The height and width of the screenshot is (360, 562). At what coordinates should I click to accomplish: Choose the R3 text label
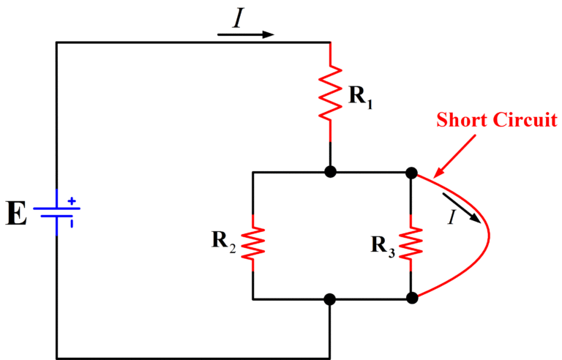tap(383, 245)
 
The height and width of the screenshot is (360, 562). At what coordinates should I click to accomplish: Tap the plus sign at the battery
tap(72, 200)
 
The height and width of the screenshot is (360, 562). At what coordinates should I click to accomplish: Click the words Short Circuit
tap(497, 119)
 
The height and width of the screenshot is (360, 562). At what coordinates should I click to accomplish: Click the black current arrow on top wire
tap(246, 34)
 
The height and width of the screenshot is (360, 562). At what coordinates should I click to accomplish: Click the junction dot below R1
tap(331, 172)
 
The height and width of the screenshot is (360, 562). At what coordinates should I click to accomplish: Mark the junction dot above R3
tap(411, 173)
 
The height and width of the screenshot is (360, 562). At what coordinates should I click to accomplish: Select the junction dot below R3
tap(411, 298)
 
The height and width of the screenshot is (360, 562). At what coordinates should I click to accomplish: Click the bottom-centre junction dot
tap(330, 299)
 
